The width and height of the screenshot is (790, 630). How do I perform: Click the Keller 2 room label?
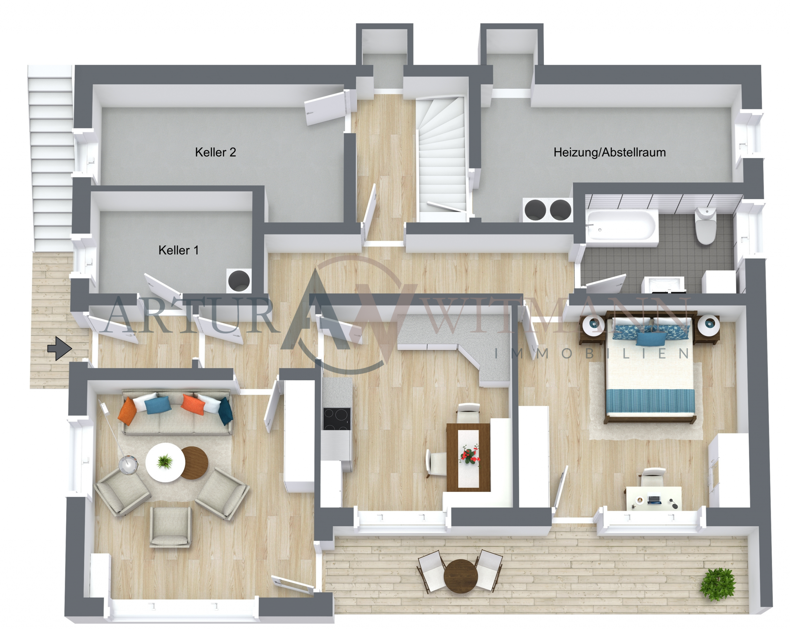[215, 152]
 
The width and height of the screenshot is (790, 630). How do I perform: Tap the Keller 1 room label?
[178, 250]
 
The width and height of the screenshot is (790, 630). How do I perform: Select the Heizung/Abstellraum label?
[609, 152]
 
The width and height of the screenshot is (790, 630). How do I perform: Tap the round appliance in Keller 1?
[239, 281]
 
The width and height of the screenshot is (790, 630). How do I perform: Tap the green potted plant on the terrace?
[717, 584]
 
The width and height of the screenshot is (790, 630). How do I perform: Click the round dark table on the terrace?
[461, 577]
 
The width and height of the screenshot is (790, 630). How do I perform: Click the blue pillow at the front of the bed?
[651, 339]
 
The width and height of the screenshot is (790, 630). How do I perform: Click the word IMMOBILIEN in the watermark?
[592, 354]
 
